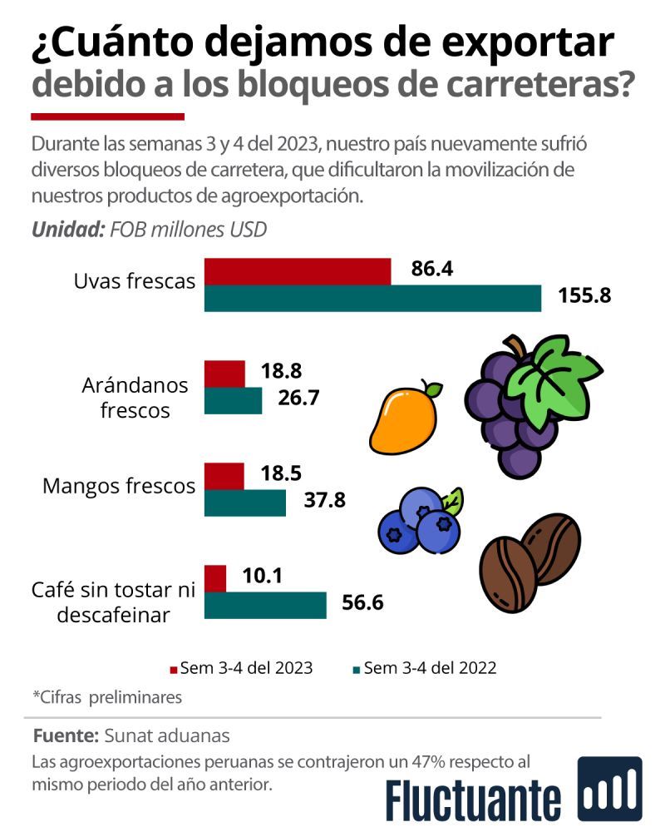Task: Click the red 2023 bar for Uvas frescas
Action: point(297,271)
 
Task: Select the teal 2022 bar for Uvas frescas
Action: point(372,298)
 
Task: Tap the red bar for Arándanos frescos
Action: point(224,374)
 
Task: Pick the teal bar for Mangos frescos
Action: point(244,503)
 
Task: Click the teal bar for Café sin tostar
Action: point(265,605)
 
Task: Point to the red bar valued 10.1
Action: point(214,578)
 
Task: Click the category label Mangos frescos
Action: point(118,486)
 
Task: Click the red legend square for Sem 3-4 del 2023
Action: point(174,669)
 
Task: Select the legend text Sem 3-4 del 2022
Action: point(430,668)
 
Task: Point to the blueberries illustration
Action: point(420,520)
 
